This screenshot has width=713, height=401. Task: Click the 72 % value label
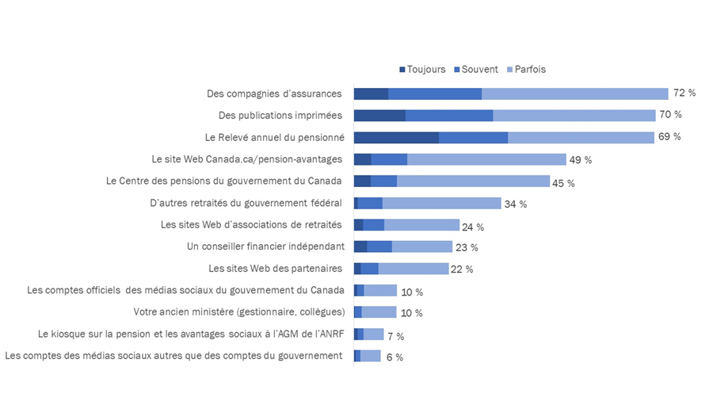click(x=684, y=94)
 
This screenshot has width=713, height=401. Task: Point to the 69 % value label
click(x=669, y=137)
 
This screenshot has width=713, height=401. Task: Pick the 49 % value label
click(x=581, y=160)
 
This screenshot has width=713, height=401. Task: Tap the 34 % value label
click(x=516, y=204)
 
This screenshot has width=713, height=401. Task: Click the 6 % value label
click(x=394, y=357)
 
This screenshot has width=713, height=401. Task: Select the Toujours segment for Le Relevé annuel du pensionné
click(x=396, y=137)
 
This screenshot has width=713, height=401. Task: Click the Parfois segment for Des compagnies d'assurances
click(x=575, y=94)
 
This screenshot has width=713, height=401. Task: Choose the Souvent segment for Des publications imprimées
click(x=449, y=116)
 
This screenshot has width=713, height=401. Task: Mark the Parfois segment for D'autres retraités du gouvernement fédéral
click(x=441, y=204)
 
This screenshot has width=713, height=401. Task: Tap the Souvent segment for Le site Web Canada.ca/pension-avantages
click(x=389, y=159)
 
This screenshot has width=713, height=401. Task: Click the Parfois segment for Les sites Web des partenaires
click(x=414, y=269)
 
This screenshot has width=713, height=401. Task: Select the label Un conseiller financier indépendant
click(x=265, y=246)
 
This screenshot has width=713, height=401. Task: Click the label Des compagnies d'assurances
click(x=274, y=94)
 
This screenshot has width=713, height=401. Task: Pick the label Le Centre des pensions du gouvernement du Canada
click(x=224, y=181)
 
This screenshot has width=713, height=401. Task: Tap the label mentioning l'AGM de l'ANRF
click(x=190, y=334)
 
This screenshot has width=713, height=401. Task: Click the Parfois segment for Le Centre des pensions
click(x=473, y=181)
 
